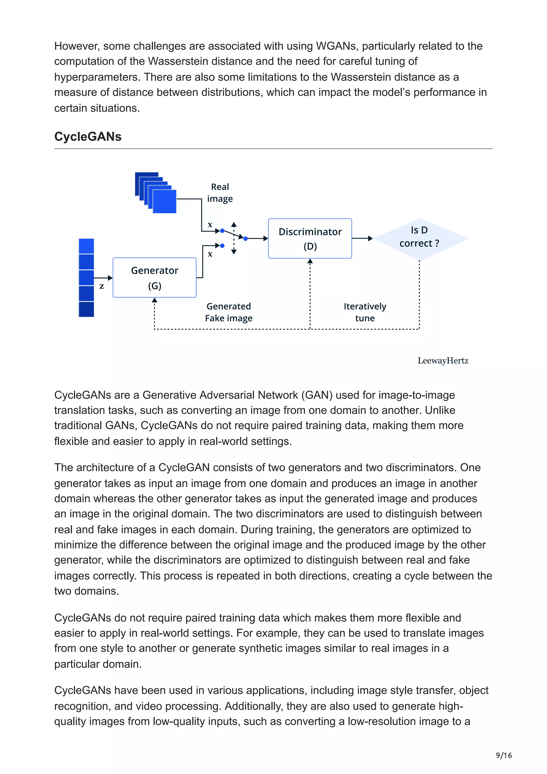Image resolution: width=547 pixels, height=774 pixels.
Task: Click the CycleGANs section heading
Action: [88, 136]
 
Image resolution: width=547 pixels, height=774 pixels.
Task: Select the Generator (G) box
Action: [154, 277]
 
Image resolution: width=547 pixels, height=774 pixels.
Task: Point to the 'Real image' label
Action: [220, 193]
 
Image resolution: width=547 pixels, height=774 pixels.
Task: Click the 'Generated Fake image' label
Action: [229, 312]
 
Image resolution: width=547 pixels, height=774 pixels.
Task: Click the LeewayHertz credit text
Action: [443, 361]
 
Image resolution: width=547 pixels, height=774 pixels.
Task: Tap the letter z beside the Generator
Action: [101, 286]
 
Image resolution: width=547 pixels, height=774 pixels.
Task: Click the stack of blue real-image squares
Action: [156, 193]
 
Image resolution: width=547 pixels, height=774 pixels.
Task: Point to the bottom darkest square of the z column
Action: [86, 309]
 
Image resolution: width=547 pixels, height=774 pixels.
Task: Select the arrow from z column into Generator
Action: [103, 278]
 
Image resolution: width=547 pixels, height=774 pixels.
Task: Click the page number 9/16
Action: [503, 755]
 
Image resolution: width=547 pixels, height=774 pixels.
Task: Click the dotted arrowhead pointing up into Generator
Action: [154, 300]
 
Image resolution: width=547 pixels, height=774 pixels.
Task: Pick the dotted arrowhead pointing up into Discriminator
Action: [310, 261]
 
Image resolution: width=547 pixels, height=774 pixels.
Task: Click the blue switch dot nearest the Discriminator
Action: [245, 239]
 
